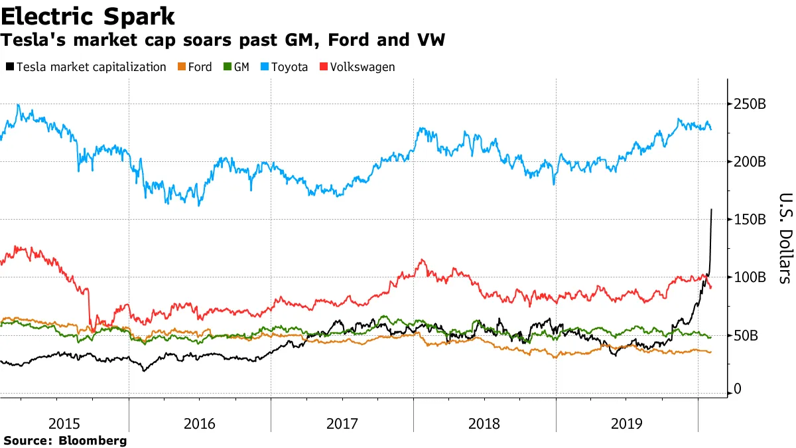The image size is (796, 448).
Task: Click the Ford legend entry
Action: (x=198, y=67)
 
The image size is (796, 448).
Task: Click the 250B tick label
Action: (x=750, y=104)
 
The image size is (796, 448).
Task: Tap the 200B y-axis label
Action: (x=750, y=162)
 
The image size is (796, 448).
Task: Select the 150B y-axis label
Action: (x=750, y=220)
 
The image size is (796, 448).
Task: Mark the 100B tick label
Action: (x=750, y=277)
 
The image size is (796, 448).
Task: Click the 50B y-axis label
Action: (x=747, y=335)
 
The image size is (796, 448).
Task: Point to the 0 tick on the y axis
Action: (x=737, y=392)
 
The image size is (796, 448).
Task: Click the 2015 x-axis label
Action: (x=64, y=423)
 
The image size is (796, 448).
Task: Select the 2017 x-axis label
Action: (x=342, y=423)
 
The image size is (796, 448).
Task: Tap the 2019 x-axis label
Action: (x=627, y=423)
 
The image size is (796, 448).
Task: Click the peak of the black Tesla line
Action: (x=712, y=210)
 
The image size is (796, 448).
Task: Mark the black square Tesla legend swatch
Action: (x=10, y=67)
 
